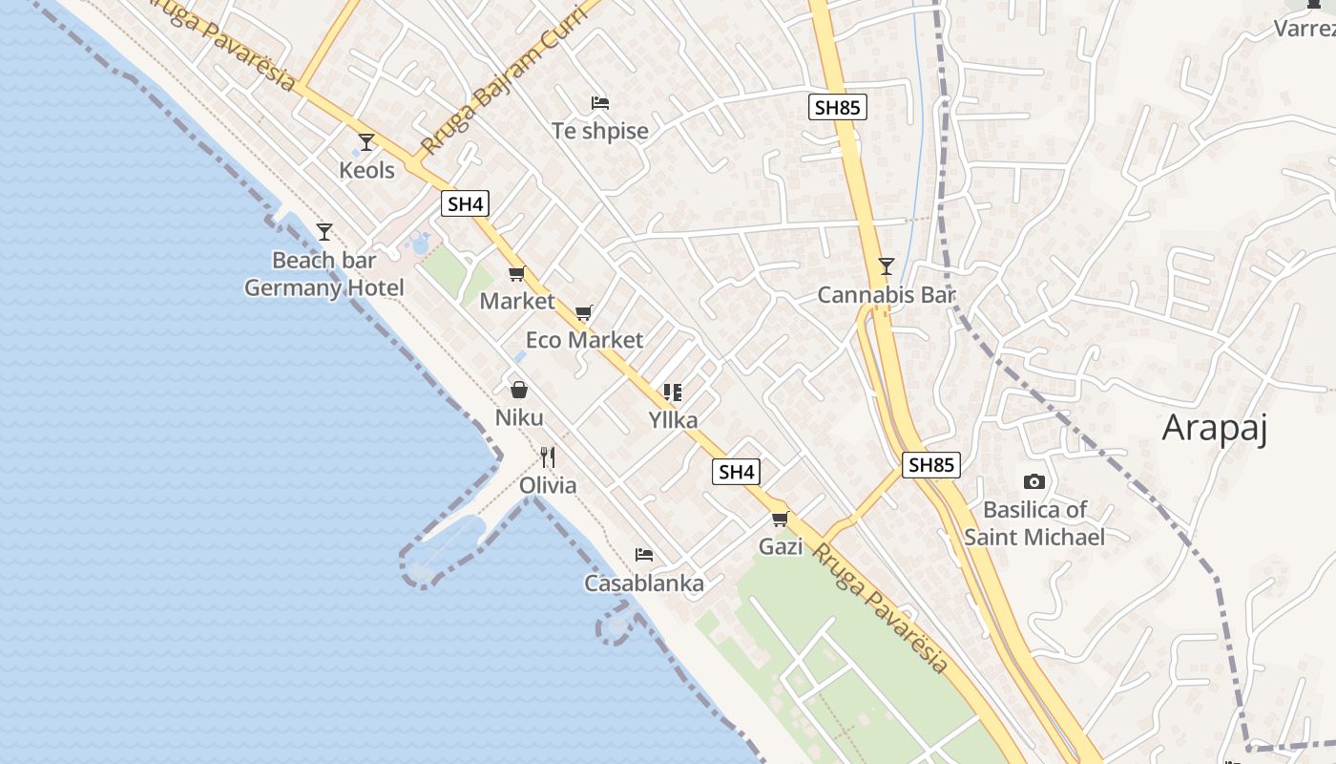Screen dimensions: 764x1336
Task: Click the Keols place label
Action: (x=366, y=171)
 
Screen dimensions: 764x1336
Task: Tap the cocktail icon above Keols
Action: (x=366, y=142)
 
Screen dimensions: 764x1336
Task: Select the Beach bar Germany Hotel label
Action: (x=324, y=274)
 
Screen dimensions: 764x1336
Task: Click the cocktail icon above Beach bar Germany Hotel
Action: (x=324, y=231)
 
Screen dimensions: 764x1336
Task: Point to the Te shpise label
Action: (x=599, y=131)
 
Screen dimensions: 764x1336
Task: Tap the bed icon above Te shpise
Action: (x=599, y=102)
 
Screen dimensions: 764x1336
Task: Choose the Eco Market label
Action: (x=584, y=340)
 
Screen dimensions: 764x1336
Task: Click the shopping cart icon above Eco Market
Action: (x=584, y=312)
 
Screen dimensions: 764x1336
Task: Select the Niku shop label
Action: (x=519, y=417)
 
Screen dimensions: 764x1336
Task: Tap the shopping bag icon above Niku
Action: (x=519, y=390)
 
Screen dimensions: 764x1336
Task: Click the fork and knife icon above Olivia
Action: (x=548, y=457)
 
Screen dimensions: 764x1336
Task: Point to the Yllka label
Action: (x=673, y=420)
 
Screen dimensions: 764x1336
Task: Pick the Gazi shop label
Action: (x=781, y=547)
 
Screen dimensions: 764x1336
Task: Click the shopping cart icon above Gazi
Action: (x=781, y=520)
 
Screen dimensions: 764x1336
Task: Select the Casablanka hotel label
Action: (x=644, y=584)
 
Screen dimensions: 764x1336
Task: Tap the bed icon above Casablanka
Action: (x=644, y=555)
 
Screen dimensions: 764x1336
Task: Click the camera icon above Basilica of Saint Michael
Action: (x=1033, y=482)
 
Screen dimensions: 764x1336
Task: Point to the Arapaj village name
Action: (x=1214, y=429)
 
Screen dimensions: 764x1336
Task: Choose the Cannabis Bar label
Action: (x=886, y=295)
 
